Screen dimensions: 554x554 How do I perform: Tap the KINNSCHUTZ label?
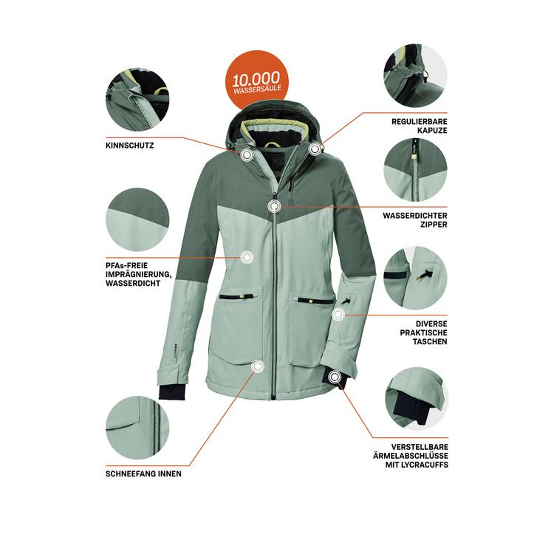click(x=130, y=146)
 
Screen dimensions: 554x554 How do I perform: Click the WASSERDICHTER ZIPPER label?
click(x=414, y=219)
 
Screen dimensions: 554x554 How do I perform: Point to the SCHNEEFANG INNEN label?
click(x=143, y=473)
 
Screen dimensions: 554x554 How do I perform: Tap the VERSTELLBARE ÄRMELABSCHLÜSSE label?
click(x=410, y=456)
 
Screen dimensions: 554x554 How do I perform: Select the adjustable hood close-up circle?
click(x=415, y=76)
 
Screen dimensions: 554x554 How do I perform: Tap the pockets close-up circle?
click(x=415, y=277)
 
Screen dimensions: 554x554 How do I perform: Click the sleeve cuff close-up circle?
click(x=415, y=399)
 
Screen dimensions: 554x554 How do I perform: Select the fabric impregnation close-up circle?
click(x=138, y=218)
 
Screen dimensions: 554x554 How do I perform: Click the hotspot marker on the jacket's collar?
click(x=247, y=155)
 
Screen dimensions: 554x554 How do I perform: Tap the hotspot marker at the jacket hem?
click(x=256, y=366)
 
